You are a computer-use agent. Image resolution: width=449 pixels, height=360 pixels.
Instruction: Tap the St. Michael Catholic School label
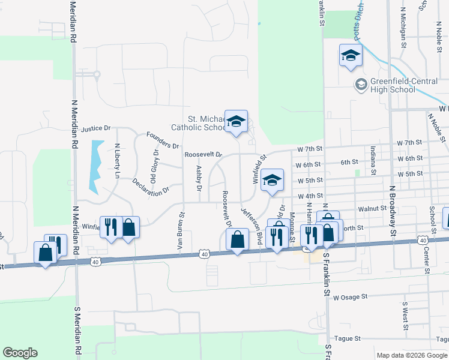[198, 123]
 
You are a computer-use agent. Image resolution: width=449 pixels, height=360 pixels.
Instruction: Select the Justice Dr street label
[96, 128]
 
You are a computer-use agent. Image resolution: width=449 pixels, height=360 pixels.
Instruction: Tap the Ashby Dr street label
[198, 178]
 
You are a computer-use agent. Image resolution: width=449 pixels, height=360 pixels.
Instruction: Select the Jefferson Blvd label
[252, 226]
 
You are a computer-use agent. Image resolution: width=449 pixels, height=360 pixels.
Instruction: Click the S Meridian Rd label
[77, 332]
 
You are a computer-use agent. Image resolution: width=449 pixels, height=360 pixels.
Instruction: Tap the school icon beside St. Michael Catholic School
[237, 122]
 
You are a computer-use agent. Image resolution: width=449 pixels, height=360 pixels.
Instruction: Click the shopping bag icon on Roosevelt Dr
[238, 239]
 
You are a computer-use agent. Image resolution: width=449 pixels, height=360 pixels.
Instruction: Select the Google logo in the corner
[20, 353]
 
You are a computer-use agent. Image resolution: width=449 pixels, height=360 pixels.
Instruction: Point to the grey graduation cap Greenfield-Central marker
[361, 84]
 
